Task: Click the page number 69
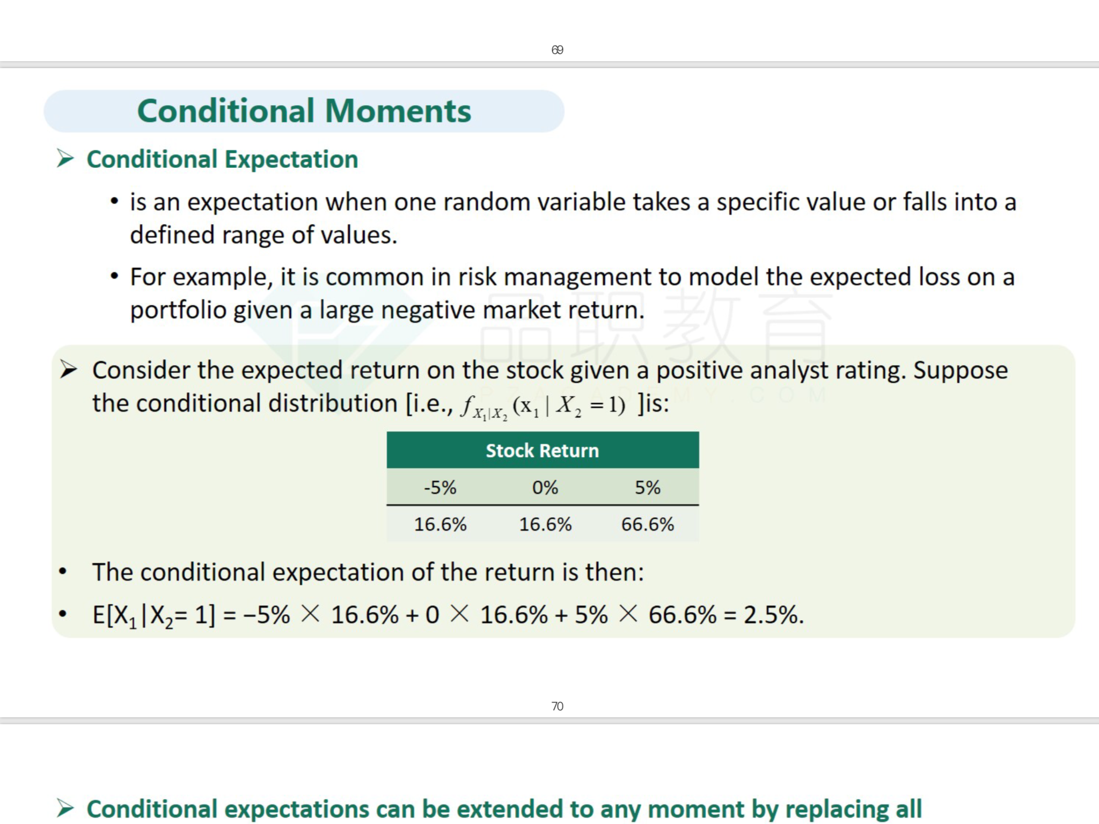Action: (x=557, y=50)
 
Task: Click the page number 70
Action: (x=557, y=706)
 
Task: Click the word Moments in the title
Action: (x=398, y=111)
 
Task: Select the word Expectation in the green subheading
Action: (x=291, y=159)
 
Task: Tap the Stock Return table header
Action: (x=542, y=451)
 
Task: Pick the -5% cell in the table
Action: (x=440, y=487)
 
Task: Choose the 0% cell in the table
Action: (x=545, y=487)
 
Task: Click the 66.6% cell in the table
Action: (x=648, y=524)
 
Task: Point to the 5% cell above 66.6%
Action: (x=648, y=487)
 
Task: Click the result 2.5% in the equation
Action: (x=774, y=615)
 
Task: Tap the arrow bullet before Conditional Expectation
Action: (x=65, y=158)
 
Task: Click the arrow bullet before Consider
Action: (x=69, y=369)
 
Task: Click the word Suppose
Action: (x=961, y=371)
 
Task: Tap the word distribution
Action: (x=333, y=403)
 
